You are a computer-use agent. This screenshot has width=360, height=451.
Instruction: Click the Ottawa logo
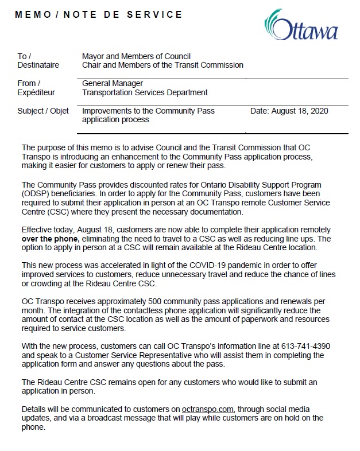tap(301, 25)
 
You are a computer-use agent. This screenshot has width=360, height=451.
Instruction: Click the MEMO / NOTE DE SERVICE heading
tap(99, 14)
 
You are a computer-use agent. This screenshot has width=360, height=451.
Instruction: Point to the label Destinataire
tap(38, 65)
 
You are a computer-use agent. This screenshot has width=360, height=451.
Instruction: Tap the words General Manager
tap(113, 84)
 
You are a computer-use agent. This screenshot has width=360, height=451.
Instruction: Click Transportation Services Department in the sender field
tap(145, 92)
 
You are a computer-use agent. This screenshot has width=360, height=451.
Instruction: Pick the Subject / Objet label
tap(43, 111)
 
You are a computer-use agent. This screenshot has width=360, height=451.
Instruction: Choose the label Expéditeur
tap(36, 92)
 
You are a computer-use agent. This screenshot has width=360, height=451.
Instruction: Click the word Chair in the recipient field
tap(92, 65)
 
